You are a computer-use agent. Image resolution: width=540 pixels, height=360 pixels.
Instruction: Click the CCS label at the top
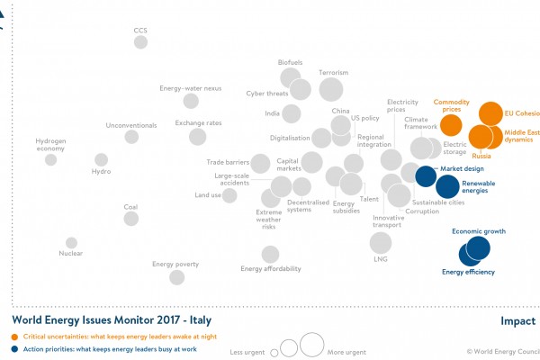pyautogui.click(x=140, y=31)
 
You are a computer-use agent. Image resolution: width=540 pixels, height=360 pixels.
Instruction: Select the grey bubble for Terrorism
pyautogui.click(x=331, y=89)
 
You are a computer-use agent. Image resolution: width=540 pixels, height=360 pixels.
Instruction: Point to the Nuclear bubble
pyautogui.click(x=72, y=242)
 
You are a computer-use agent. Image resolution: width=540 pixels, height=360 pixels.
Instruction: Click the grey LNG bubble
pyautogui.click(x=381, y=242)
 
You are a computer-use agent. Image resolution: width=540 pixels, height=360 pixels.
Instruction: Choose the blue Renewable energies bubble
pyautogui.click(x=447, y=186)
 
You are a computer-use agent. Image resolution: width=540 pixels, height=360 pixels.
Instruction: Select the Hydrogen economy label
pyautogui.click(x=50, y=145)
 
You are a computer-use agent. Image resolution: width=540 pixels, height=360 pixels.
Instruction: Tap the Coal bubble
pyautogui.click(x=131, y=219)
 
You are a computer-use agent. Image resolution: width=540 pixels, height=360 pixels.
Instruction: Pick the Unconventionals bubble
pyautogui.click(x=131, y=137)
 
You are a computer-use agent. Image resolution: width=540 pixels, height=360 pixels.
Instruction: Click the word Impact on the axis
pyautogui.click(x=517, y=321)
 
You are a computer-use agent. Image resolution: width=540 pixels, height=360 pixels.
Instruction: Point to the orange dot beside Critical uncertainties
pyautogui.click(x=15, y=336)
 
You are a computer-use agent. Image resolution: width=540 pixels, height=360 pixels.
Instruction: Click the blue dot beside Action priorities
pyautogui.click(x=15, y=348)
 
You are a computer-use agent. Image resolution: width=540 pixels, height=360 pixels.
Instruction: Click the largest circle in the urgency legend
pyautogui.click(x=312, y=344)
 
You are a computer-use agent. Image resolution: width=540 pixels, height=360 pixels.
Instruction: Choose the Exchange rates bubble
pyautogui.click(x=198, y=137)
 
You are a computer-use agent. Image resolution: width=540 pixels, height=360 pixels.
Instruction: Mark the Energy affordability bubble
pyautogui.click(x=270, y=255)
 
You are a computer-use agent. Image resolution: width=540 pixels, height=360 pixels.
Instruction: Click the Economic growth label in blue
pyautogui.click(x=478, y=231)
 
